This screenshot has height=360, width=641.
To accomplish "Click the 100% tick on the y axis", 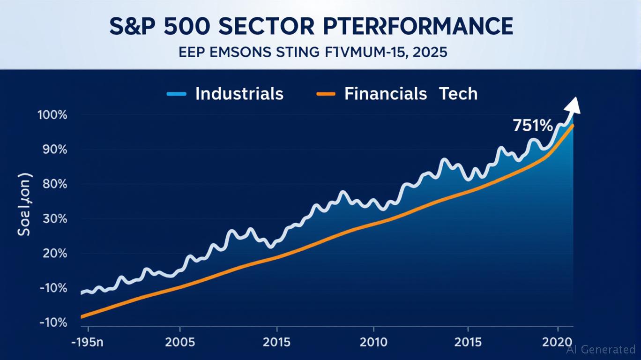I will pyautogui.click(x=55, y=115).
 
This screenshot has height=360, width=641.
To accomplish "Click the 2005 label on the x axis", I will pyautogui.click(x=180, y=341).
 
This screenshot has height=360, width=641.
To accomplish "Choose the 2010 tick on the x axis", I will pyautogui.click(x=373, y=341).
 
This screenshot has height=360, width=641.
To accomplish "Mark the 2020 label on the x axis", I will pyautogui.click(x=558, y=341).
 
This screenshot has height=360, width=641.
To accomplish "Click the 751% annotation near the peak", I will pyautogui.click(x=533, y=126).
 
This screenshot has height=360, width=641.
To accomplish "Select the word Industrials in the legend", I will pyautogui.click(x=239, y=94).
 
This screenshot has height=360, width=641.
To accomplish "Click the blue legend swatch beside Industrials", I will pyautogui.click(x=177, y=94).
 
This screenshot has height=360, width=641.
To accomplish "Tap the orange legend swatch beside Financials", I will pyautogui.click(x=326, y=94).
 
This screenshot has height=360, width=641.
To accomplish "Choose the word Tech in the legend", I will pyautogui.click(x=458, y=94).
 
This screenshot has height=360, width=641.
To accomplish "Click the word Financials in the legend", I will pyautogui.click(x=385, y=94).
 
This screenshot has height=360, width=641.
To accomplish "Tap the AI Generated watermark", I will pyautogui.click(x=601, y=349).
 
